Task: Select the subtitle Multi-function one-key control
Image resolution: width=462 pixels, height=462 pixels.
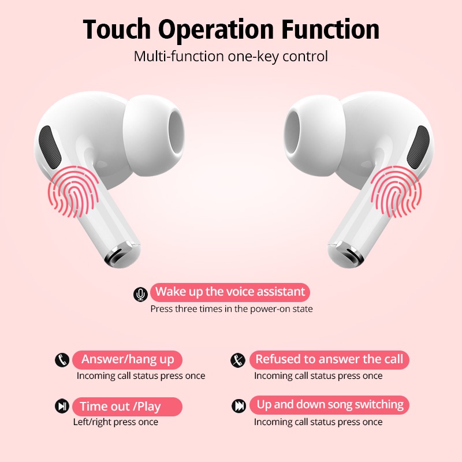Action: click(x=231, y=57)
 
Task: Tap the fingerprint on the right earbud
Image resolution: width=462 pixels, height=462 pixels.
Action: click(x=396, y=191)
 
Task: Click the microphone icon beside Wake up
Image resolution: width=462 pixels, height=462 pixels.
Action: click(x=140, y=295)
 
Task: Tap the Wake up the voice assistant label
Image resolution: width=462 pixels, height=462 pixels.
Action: click(x=230, y=292)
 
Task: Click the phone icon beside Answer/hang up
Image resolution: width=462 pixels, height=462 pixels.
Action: click(x=62, y=360)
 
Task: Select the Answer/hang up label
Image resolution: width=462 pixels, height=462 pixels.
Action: click(x=127, y=359)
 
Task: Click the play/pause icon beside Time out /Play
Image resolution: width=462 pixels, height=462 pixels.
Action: click(x=62, y=406)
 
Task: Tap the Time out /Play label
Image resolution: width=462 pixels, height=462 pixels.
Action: click(x=120, y=407)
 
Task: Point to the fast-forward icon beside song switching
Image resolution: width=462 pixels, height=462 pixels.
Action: click(x=239, y=406)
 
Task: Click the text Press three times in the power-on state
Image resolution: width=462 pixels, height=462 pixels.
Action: click(x=232, y=309)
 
